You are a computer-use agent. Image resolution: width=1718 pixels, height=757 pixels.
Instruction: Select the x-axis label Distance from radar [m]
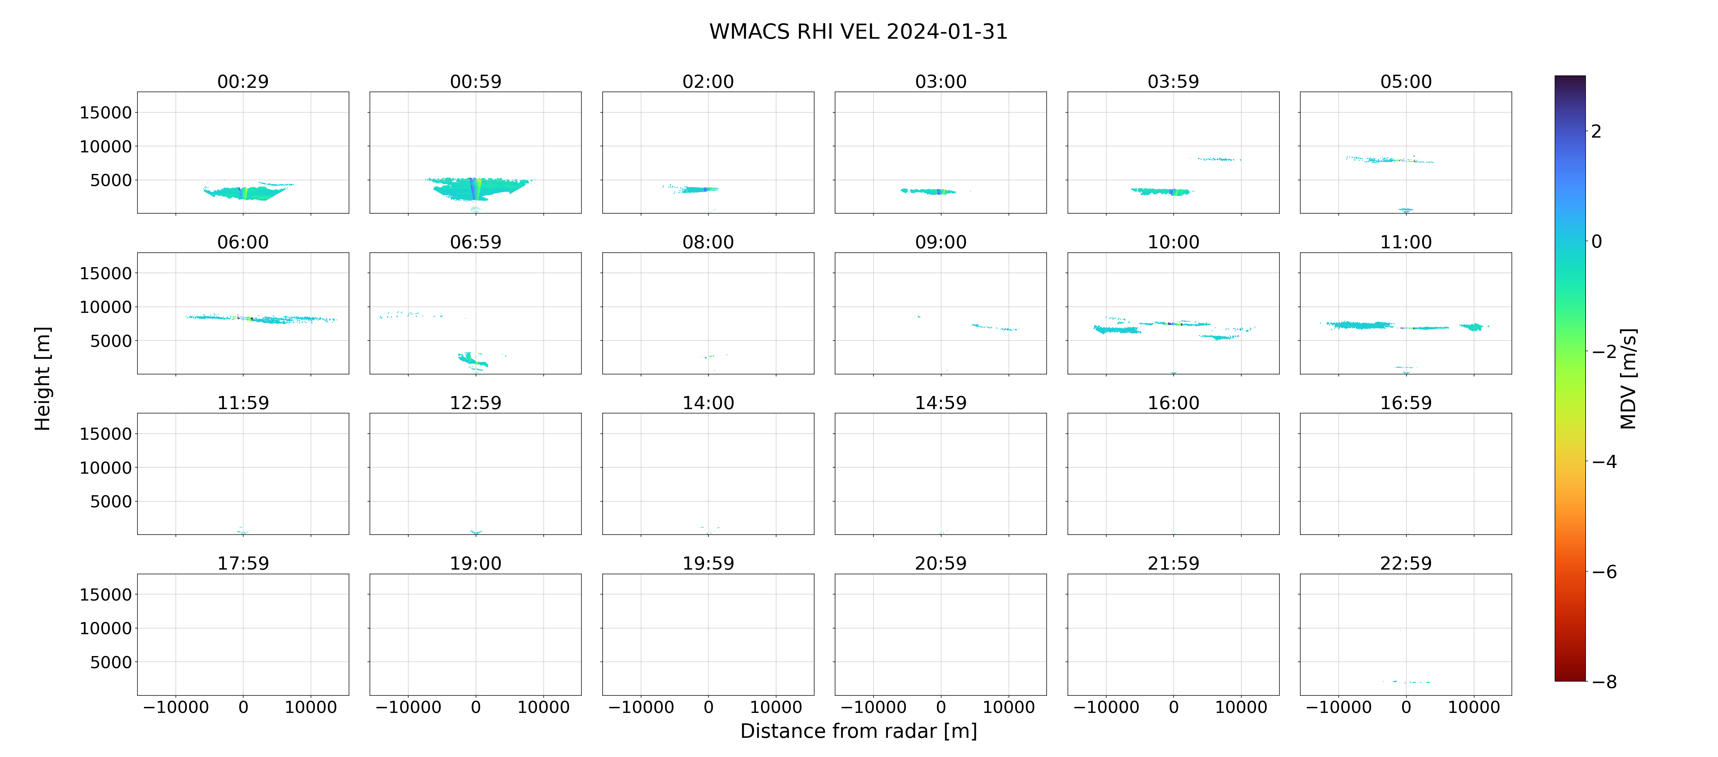pos(858,731)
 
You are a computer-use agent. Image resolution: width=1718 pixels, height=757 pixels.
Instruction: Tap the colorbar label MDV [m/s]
pos(1628,378)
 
